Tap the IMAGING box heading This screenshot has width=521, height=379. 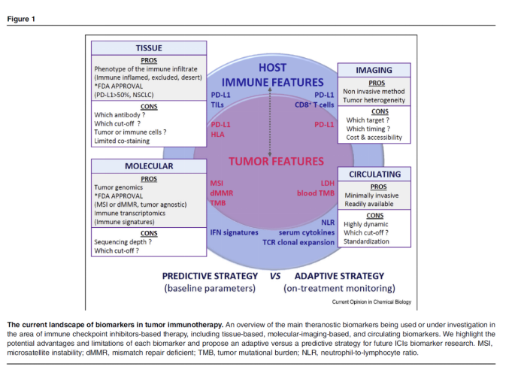(374, 70)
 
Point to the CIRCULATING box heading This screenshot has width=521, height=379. (374, 173)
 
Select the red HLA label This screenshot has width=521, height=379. (218, 134)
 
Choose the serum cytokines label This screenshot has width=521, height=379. (309, 232)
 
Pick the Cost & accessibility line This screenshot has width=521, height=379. (374, 138)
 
